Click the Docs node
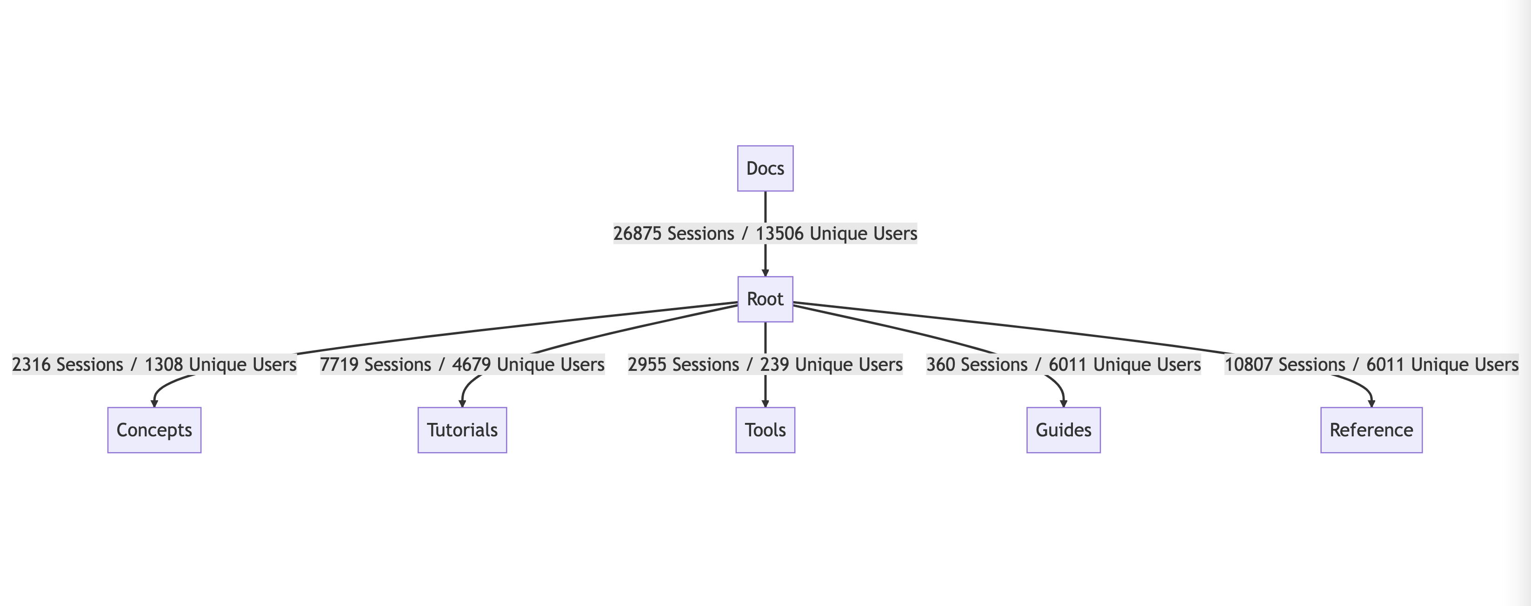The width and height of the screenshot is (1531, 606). point(765,169)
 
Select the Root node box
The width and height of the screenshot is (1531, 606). point(765,299)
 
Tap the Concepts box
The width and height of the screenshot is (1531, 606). point(154,430)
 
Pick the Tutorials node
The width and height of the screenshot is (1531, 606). point(462,430)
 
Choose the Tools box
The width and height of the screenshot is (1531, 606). point(765,430)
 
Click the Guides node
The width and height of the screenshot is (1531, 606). point(1063,430)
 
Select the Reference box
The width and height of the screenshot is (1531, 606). point(1371,430)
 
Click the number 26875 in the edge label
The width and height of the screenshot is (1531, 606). point(637,233)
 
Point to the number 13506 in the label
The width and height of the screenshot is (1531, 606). point(779,233)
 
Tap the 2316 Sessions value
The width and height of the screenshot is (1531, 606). point(31,365)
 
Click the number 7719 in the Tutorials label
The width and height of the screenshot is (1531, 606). point(339,365)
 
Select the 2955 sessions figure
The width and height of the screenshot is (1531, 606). point(646,365)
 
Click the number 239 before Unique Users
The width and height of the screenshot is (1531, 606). point(774,365)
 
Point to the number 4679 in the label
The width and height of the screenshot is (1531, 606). point(471,365)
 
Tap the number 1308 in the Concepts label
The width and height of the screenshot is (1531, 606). point(163,365)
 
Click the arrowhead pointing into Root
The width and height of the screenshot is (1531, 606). point(765,272)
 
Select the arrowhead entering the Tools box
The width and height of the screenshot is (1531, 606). point(765,403)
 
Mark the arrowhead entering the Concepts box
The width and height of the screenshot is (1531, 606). point(154,403)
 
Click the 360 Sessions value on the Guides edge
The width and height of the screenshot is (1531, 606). point(940,365)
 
